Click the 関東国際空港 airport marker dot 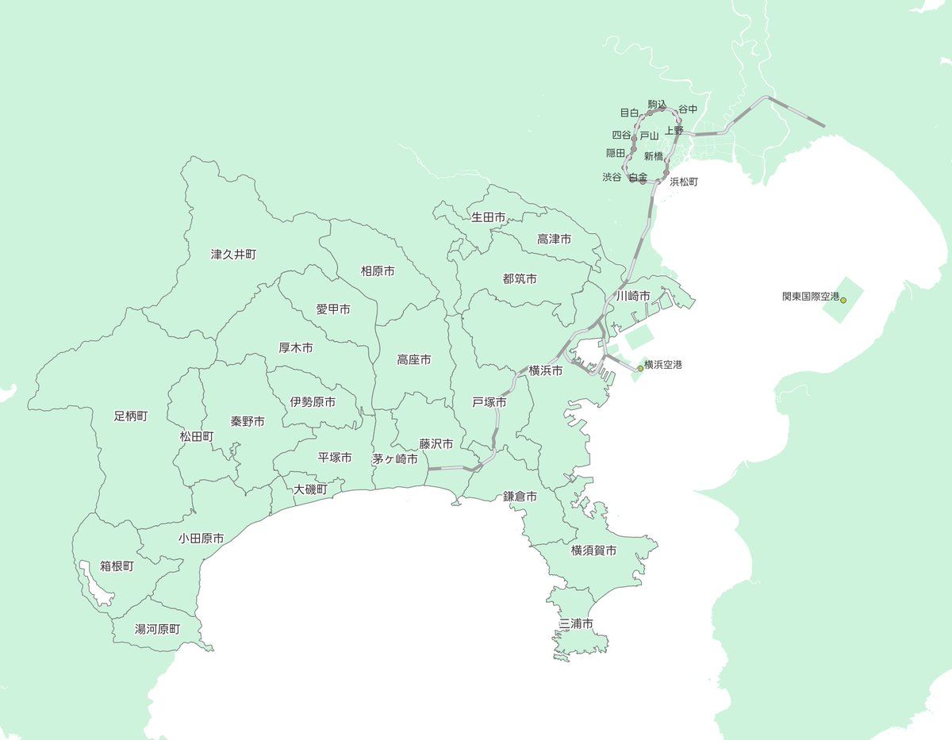(843, 300)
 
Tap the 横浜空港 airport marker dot (640, 368)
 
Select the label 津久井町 (233, 255)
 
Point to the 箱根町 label (117, 566)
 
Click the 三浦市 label (576, 624)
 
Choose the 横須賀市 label (593, 550)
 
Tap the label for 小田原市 (201, 539)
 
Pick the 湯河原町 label (157, 630)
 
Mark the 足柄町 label (130, 416)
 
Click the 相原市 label (378, 271)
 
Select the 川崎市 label (633, 296)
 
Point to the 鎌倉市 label (520, 497)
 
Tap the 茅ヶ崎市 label (394, 458)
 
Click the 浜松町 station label (684, 182)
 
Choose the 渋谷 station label (612, 178)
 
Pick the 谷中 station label (688, 109)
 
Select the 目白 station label (629, 113)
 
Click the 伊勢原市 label (313, 402)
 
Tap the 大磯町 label (310, 489)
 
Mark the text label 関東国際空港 (810, 297)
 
